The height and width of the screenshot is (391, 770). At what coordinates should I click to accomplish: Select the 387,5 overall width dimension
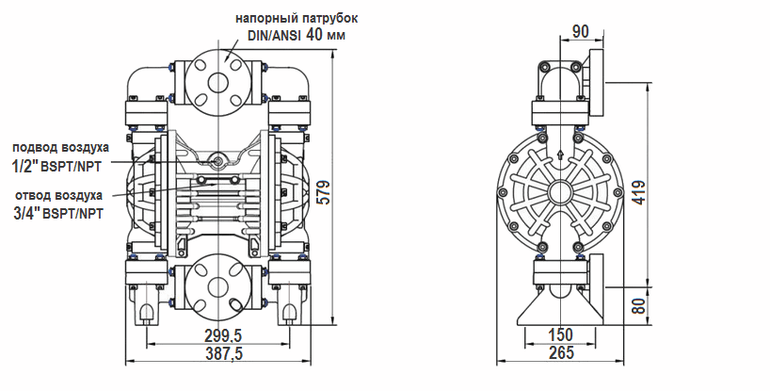[223, 354]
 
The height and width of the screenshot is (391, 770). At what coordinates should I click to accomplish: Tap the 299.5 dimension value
[223, 336]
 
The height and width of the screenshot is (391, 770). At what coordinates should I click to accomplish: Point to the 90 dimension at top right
[580, 32]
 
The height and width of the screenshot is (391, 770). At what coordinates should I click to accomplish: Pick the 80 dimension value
[637, 306]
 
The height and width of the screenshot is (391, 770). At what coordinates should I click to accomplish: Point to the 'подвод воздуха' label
[60, 147]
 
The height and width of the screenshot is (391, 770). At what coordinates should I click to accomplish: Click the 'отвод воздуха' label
[58, 196]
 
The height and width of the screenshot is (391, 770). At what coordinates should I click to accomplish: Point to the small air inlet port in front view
[219, 161]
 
